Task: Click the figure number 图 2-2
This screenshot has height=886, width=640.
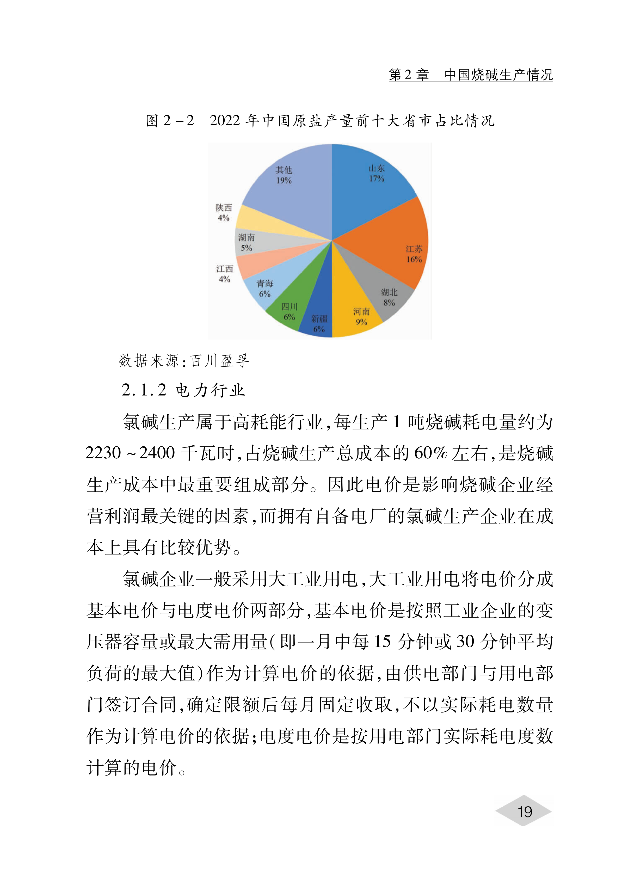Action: point(170,121)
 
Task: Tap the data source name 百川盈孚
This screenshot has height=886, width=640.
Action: point(220,361)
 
